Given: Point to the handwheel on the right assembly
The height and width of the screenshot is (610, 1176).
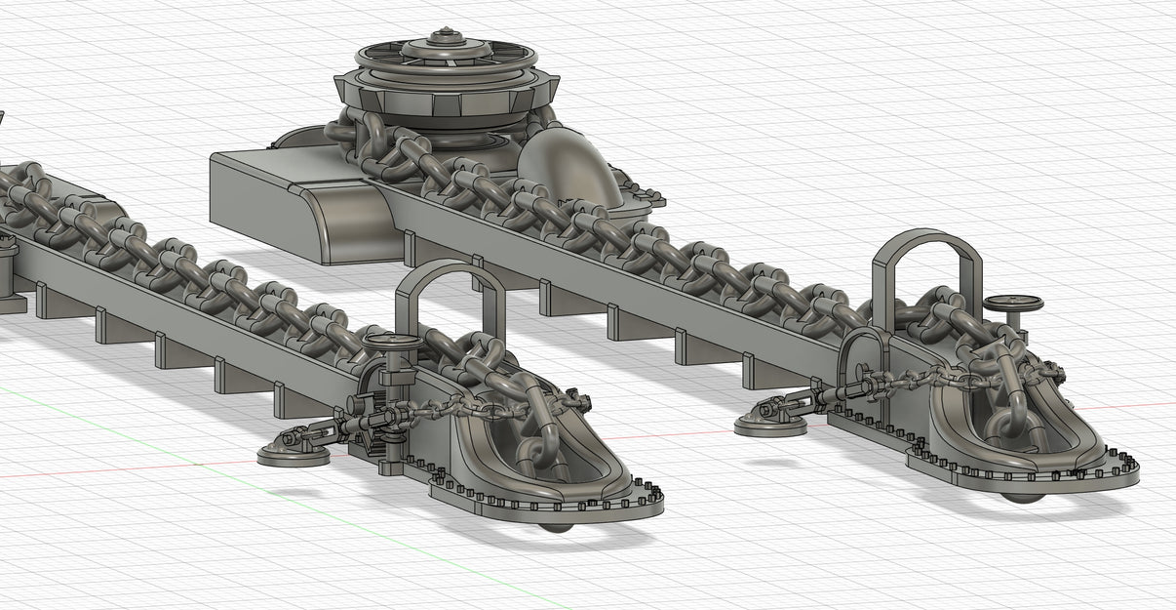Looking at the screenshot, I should pos(1013,305).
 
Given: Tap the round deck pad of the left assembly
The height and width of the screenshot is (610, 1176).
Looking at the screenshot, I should pos(294,454).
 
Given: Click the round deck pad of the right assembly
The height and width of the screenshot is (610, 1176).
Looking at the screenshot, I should pos(769,424).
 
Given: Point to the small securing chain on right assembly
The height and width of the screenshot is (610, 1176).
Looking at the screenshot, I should pos(907,381).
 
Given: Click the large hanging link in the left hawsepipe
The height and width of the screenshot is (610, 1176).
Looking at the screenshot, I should pos(534,453).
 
